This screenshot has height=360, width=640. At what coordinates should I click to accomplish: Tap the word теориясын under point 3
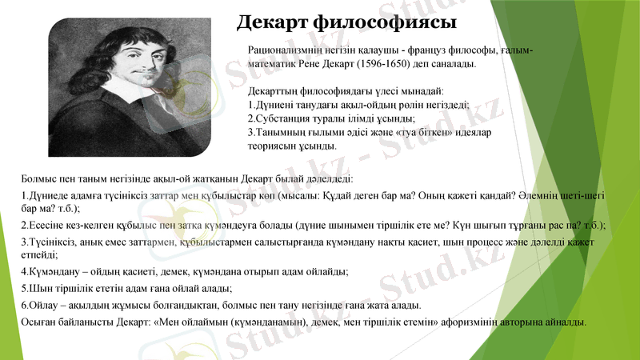coord(276,146)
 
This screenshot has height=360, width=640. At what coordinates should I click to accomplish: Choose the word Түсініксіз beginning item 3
coord(51,242)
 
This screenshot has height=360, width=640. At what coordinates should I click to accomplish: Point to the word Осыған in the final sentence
coord(39,322)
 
